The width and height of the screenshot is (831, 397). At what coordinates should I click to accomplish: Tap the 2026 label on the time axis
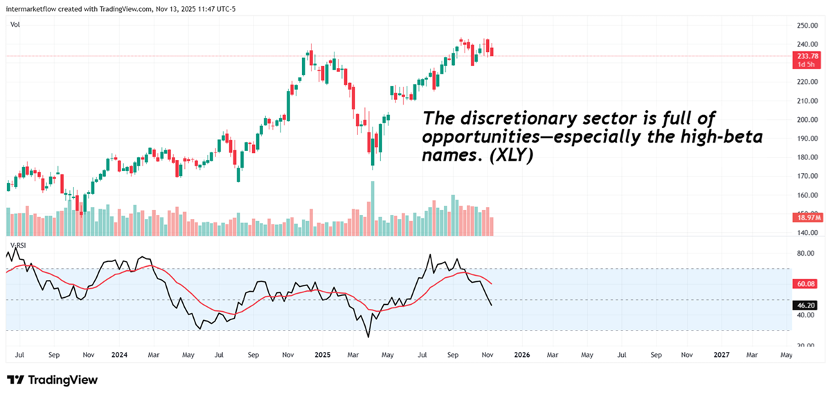[521, 354]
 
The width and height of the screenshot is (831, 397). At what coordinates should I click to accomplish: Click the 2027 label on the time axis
[721, 354]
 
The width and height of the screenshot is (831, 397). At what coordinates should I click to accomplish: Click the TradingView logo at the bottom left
[52, 380]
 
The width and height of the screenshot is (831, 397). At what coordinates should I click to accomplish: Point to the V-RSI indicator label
[17, 245]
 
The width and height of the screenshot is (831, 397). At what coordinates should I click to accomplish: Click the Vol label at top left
[15, 25]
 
